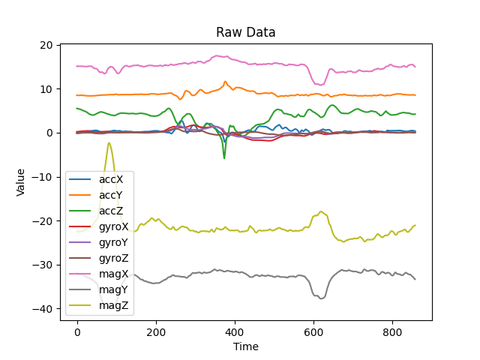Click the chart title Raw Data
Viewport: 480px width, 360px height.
click(x=245, y=32)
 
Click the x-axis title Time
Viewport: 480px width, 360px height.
click(x=245, y=346)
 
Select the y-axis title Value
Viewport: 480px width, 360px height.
click(x=21, y=181)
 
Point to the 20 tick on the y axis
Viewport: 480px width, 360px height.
click(x=46, y=45)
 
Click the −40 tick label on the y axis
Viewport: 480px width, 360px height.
click(x=43, y=309)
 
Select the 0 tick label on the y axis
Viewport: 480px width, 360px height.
click(x=49, y=133)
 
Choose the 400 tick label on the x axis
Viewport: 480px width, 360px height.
click(x=235, y=331)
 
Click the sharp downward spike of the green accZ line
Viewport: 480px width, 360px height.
click(x=224, y=157)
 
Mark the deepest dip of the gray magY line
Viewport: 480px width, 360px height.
click(x=321, y=298)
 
